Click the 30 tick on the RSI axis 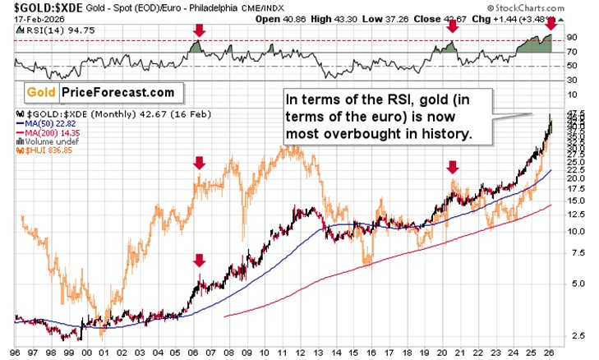(572, 78)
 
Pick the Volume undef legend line (42, 141)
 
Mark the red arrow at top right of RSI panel (551, 28)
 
